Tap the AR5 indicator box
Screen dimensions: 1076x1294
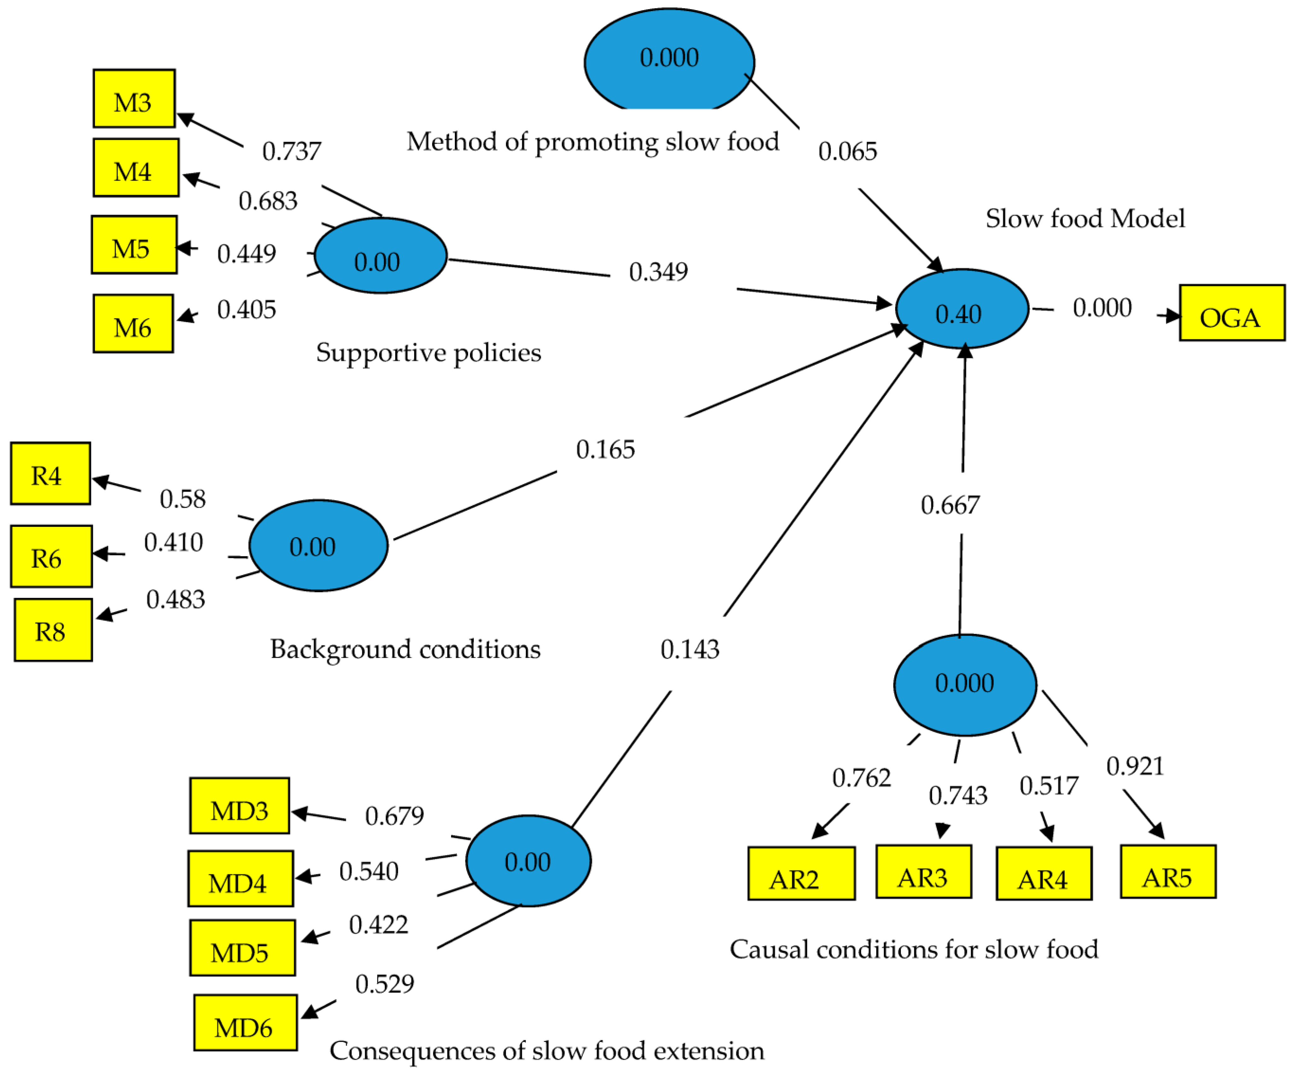[1168, 871]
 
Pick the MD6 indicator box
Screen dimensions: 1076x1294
[245, 1022]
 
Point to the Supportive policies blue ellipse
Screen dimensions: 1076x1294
[380, 256]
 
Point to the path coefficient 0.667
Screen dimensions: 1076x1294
[950, 505]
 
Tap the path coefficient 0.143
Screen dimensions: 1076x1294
[690, 649]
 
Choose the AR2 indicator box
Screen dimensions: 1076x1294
[801, 873]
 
